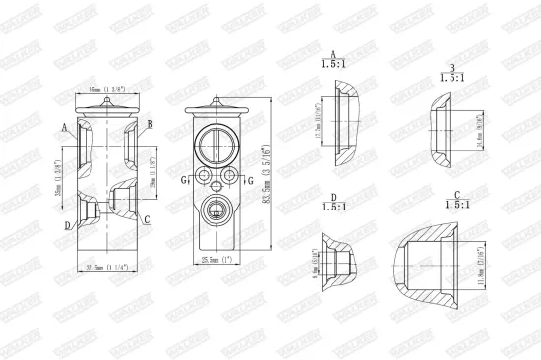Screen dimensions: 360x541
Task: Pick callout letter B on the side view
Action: [x=150, y=124]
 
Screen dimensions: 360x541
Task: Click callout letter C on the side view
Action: [x=147, y=219]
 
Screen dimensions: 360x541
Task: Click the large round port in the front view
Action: [x=216, y=145]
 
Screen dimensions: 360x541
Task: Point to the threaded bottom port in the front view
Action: [x=216, y=208]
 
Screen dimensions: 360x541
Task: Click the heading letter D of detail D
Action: [x=334, y=197]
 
